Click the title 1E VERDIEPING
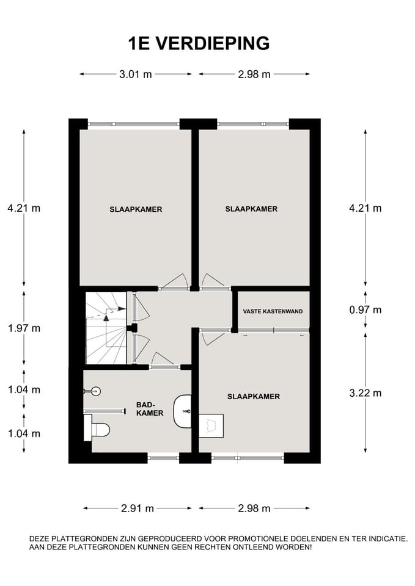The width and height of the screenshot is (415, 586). (x=199, y=43)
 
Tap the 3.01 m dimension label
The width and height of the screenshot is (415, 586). (x=136, y=74)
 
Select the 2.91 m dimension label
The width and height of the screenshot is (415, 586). (x=138, y=508)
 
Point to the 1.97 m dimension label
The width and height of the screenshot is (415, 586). (x=24, y=328)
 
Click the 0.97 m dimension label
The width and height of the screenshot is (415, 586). (x=365, y=310)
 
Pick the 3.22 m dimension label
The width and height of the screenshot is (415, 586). (x=365, y=392)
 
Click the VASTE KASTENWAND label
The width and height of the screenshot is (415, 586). (x=273, y=311)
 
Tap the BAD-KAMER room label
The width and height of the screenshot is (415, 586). (x=150, y=409)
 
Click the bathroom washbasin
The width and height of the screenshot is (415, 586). (x=182, y=411)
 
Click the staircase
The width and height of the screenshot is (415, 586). (x=106, y=328)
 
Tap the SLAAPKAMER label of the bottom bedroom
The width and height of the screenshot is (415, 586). (x=254, y=397)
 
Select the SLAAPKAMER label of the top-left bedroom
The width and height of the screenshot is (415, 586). (x=136, y=209)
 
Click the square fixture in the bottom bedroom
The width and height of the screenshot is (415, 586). (x=211, y=425)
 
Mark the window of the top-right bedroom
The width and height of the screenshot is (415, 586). (x=253, y=124)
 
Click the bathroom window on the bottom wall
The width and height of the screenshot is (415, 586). (x=164, y=457)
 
